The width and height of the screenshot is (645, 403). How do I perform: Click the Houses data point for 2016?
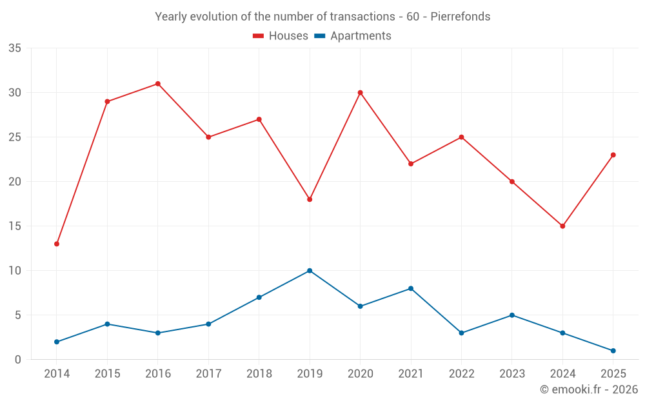point(158,84)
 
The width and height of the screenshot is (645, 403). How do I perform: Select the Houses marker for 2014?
point(57,244)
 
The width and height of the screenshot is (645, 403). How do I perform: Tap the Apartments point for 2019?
point(310,271)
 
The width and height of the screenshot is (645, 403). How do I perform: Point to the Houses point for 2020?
point(360,93)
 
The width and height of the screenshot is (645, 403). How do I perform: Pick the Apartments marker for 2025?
point(613,351)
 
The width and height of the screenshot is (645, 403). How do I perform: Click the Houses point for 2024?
point(562,226)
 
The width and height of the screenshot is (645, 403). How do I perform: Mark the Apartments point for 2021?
point(411,288)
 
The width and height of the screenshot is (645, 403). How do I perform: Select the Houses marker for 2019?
point(310,199)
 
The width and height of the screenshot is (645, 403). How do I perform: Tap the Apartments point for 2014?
point(57,342)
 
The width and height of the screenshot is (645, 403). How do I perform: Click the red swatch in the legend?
point(258,36)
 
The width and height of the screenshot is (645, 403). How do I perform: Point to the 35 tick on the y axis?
point(15,48)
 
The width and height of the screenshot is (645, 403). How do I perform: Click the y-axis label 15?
point(15,226)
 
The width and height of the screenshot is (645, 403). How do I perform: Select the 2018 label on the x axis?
point(259,373)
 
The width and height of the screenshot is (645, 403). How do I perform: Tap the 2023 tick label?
point(511,373)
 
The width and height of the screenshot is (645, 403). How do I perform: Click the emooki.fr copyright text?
point(588,389)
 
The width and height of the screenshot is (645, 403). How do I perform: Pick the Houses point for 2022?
point(461,137)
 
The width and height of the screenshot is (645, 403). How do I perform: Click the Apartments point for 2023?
point(511,315)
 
